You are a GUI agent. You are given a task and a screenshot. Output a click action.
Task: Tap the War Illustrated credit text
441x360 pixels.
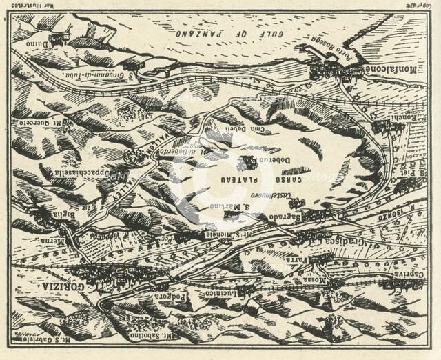point(58,6)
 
